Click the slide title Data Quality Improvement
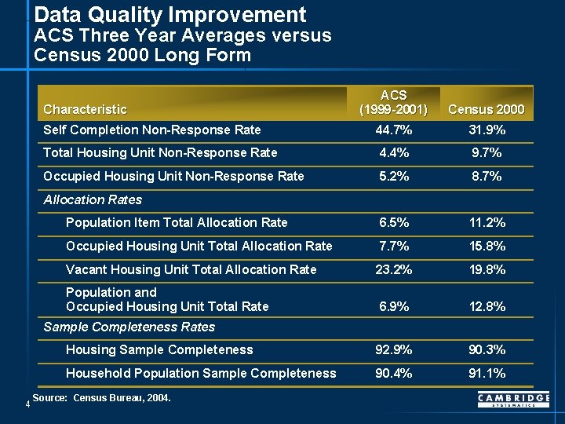coord(170,14)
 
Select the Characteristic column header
coord(85,109)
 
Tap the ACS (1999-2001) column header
coord(392,102)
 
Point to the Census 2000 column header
coord(487,109)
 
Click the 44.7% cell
coord(392,130)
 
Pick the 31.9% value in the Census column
coord(487,130)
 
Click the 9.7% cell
coord(487,153)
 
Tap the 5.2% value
coord(392,177)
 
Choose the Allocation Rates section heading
coord(92,200)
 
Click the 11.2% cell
coord(487,223)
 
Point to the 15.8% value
coord(487,247)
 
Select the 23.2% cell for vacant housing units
coord(392,269)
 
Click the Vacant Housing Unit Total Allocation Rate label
coord(191,269)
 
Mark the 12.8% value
coord(487,306)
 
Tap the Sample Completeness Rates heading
coord(129,327)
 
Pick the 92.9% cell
coord(392,349)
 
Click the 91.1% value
coord(487,373)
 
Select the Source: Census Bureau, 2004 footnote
coord(101,399)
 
